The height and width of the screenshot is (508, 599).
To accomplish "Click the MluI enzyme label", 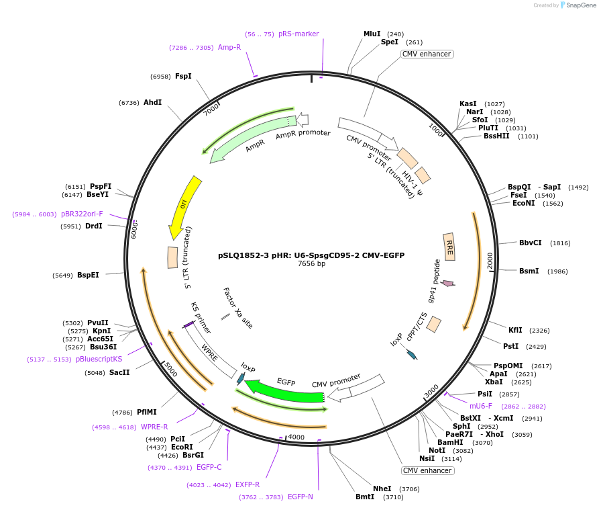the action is click(372, 34).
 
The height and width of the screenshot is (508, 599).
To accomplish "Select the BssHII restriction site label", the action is click(496, 136).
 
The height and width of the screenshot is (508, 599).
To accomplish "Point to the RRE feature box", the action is click(449, 247).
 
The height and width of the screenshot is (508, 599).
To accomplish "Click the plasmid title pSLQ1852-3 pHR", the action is click(311, 255).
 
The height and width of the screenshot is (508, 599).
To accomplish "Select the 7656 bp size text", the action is click(311, 264).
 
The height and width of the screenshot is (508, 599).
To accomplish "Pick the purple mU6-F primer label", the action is click(480, 406).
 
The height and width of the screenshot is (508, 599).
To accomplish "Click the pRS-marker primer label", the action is click(298, 34).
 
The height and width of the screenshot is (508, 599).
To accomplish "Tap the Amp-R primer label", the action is click(229, 47).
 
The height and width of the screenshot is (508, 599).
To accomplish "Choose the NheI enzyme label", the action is click(382, 489).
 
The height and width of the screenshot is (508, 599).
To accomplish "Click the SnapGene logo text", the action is click(581, 5).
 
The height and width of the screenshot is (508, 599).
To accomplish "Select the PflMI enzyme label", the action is click(147, 412).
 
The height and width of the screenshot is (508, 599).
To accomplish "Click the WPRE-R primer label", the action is click(154, 427).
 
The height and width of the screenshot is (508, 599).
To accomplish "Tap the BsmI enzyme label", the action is click(529, 271).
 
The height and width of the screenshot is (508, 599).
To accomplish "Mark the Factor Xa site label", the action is click(238, 308).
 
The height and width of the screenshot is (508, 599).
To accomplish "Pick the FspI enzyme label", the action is click(183, 76).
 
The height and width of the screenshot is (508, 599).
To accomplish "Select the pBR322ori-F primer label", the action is click(82, 214).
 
